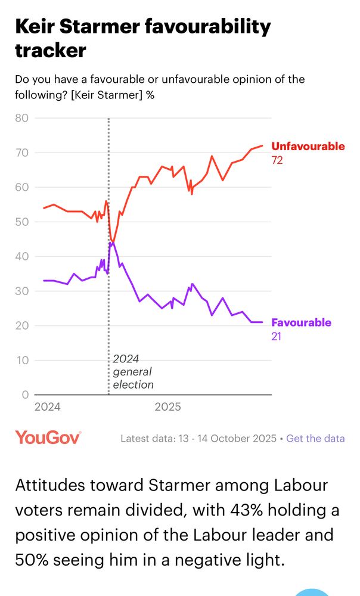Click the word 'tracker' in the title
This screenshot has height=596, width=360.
click(50, 51)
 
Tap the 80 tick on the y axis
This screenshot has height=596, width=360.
click(21, 118)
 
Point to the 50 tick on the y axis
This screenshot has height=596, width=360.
click(21, 222)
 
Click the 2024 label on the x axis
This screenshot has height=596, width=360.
click(48, 408)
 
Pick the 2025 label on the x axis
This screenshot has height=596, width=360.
click(167, 408)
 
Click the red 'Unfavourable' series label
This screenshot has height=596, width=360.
click(308, 146)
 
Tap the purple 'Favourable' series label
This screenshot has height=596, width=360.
click(301, 322)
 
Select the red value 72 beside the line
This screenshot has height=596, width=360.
click(277, 160)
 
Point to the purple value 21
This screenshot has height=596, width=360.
click(277, 337)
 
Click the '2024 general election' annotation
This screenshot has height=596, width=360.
click(133, 371)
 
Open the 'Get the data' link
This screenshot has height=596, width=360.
click(315, 438)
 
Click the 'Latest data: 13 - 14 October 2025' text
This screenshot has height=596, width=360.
click(198, 438)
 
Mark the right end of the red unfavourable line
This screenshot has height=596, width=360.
click(262, 145)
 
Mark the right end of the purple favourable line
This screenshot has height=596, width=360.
click(262, 322)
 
